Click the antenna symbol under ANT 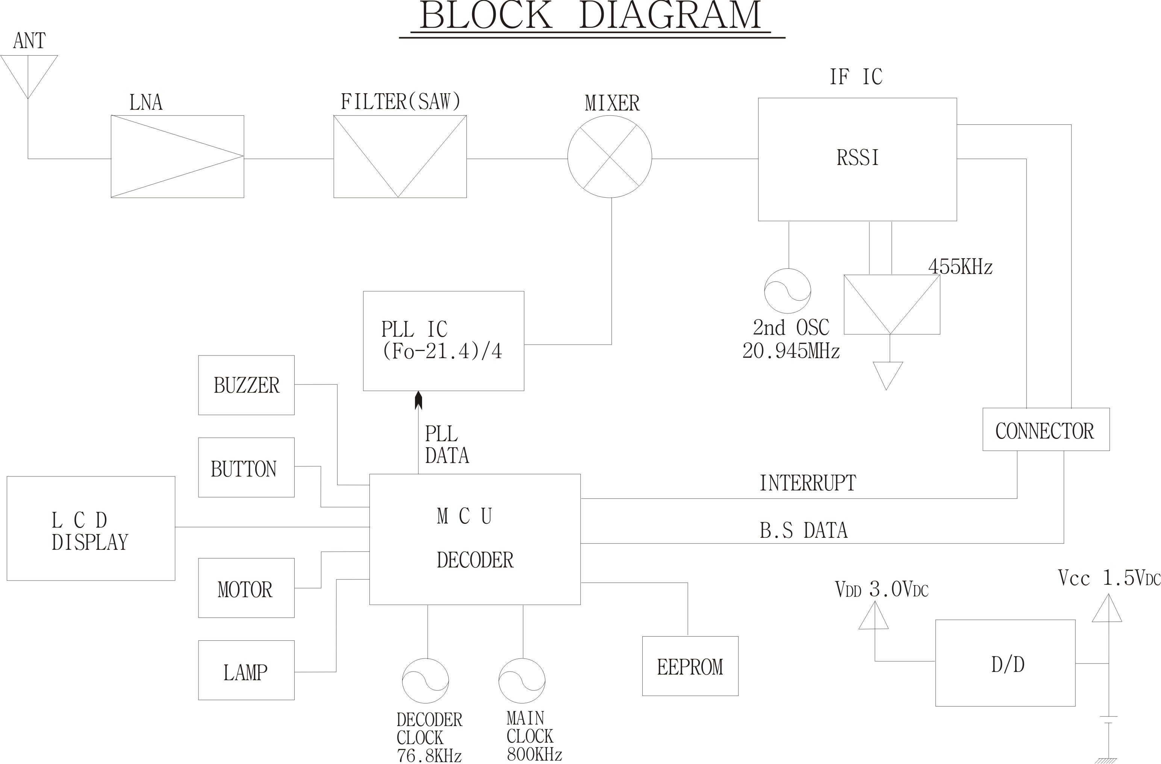[x=28, y=73]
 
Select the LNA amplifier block [x=177, y=157]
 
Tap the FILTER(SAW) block [x=400, y=157]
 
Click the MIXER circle [x=610, y=157]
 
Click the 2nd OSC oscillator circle [x=787, y=291]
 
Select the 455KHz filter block [x=892, y=304]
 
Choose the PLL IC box [x=444, y=341]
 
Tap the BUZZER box [x=246, y=385]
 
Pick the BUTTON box [x=246, y=467]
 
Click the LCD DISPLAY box [x=91, y=528]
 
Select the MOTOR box [x=246, y=588]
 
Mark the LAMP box [x=246, y=670]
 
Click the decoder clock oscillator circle [x=425, y=681]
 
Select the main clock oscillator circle [x=522, y=681]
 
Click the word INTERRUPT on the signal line [x=807, y=483]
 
